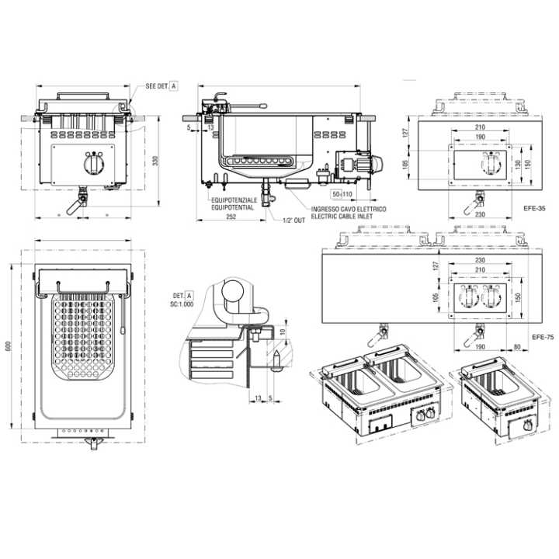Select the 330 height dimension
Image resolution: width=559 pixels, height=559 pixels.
click(155, 161)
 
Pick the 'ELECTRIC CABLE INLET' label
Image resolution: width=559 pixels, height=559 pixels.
click(342, 217)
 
